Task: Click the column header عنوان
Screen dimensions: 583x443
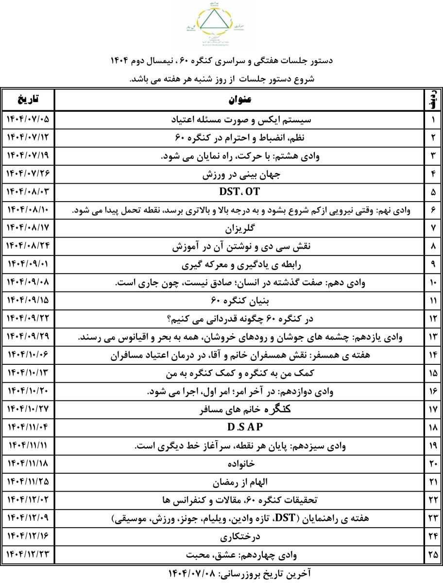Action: (239, 100)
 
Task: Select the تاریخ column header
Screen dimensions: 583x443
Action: (28, 100)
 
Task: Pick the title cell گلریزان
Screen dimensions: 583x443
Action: (239, 227)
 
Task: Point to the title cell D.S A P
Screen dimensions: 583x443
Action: (239, 428)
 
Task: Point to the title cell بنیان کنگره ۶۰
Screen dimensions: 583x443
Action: (239, 300)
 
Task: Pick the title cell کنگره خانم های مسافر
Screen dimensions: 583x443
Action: (239, 409)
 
